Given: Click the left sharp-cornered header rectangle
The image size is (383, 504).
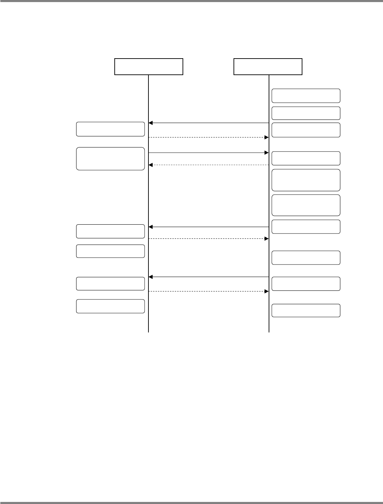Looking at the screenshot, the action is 148,66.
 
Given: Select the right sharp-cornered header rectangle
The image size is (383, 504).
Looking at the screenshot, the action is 268,66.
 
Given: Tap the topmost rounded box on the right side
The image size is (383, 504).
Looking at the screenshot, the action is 306,96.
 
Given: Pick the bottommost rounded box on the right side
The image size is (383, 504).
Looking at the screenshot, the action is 306,310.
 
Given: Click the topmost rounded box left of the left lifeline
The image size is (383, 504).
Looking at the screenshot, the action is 110,129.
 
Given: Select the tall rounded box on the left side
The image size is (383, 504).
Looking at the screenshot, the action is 110,158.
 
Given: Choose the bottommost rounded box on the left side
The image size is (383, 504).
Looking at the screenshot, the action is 110,306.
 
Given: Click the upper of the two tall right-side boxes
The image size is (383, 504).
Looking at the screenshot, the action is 306,180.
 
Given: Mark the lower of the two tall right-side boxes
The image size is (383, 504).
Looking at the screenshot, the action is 306,205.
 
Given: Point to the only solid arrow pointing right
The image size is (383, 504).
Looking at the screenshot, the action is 208,152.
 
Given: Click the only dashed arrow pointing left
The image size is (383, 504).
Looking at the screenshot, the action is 208,165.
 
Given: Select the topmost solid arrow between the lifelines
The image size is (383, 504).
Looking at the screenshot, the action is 208,123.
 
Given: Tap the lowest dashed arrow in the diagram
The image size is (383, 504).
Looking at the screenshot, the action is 208,291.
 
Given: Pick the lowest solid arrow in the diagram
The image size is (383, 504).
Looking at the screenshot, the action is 208,277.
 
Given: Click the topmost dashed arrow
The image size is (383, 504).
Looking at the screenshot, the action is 208,137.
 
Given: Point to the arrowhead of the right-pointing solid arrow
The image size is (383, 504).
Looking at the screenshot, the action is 266,152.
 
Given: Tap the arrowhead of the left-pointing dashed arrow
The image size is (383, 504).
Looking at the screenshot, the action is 151,165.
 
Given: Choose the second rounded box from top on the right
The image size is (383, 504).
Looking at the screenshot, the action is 306,113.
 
